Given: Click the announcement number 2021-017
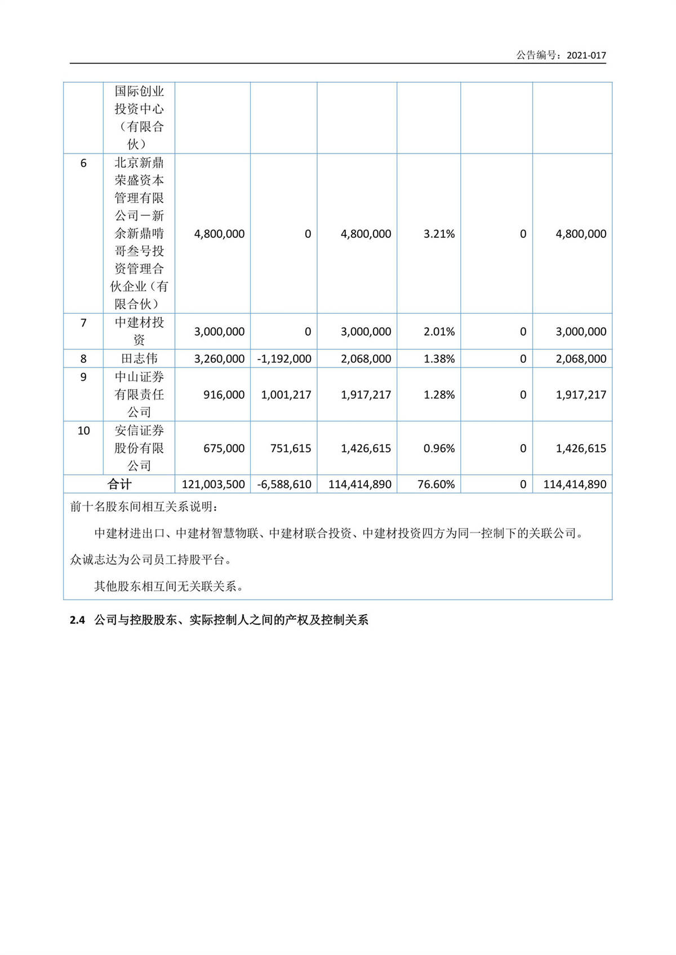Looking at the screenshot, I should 586,55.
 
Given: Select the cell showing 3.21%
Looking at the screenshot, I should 439,234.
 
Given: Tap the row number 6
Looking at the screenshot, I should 83,163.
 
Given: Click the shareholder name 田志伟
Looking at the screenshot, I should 139,358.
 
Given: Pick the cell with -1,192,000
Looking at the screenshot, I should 284,358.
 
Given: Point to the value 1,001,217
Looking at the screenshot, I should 286,394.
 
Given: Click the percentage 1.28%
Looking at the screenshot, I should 439,394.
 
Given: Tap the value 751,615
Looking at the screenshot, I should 290,448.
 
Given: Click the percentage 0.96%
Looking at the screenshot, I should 439,448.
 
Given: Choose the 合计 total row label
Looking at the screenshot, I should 119,484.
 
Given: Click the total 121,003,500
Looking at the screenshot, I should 213,484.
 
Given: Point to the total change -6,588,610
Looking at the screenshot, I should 284,484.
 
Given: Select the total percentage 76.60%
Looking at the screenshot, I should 436,484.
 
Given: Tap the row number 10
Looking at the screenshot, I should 83,431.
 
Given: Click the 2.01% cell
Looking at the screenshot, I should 439,331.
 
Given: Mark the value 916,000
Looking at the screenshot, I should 224,394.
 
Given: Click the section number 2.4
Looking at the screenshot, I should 77,620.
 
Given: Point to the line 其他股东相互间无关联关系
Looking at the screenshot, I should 168,587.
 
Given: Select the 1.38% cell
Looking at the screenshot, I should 439,358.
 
